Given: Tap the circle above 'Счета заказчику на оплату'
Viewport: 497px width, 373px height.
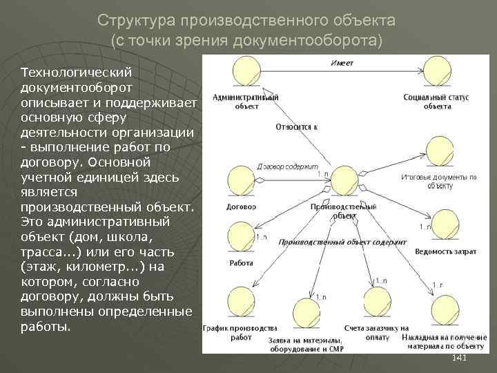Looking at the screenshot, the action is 376,305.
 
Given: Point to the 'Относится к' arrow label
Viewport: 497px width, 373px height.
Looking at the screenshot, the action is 296,127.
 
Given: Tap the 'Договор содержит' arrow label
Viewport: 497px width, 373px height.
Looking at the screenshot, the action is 287,166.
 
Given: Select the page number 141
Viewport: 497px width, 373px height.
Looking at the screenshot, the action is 459,357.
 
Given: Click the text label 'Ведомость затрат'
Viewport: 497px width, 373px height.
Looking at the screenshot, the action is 445,252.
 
